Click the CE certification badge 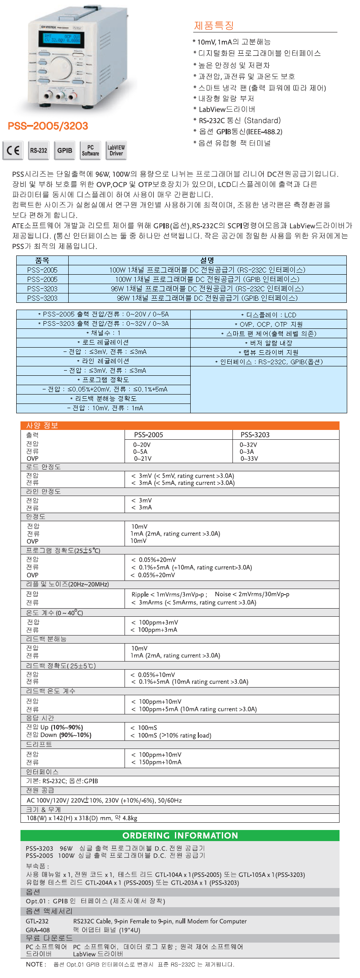tap(13, 151)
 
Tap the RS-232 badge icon tap(38, 151)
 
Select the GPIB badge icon tap(65, 151)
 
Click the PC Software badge tap(90, 151)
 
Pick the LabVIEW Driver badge tap(116, 151)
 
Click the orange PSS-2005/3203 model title tap(48, 126)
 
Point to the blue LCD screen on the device tap(61, 38)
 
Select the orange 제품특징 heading tap(214, 26)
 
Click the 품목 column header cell tap(42, 260)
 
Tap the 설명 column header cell tap(207, 260)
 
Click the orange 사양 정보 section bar tap(180, 425)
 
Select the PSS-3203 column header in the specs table tap(255, 435)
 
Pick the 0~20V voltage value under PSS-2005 tap(142, 444)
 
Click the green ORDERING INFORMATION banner tap(180, 836)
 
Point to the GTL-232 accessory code tap(37, 921)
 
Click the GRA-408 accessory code tap(38, 930)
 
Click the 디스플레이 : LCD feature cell tap(268, 315)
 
